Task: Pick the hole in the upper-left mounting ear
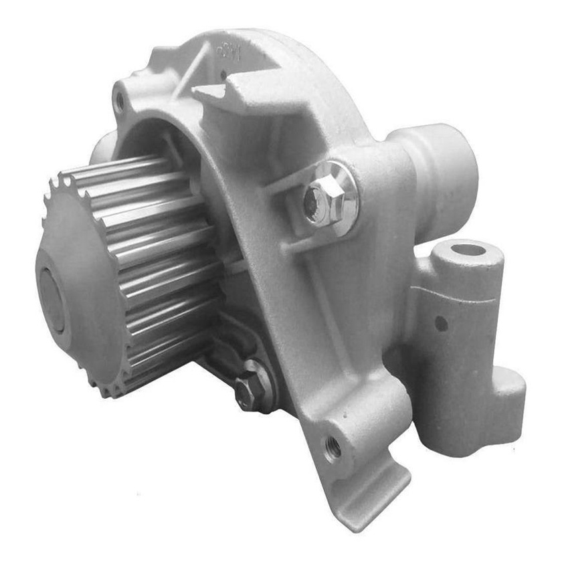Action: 120,102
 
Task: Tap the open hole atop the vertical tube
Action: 467,251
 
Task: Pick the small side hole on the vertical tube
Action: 441,324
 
